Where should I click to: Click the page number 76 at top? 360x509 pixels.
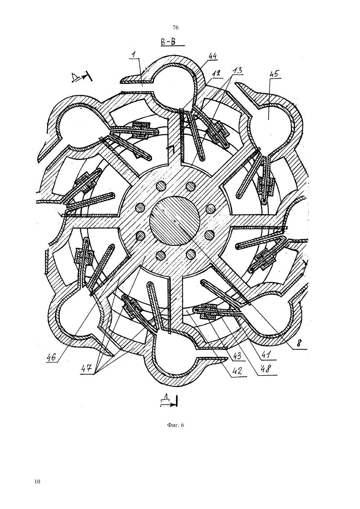point(175,28)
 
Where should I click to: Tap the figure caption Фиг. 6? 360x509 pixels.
point(175,425)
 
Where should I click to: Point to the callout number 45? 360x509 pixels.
point(275,74)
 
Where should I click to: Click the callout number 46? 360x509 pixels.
point(51,357)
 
